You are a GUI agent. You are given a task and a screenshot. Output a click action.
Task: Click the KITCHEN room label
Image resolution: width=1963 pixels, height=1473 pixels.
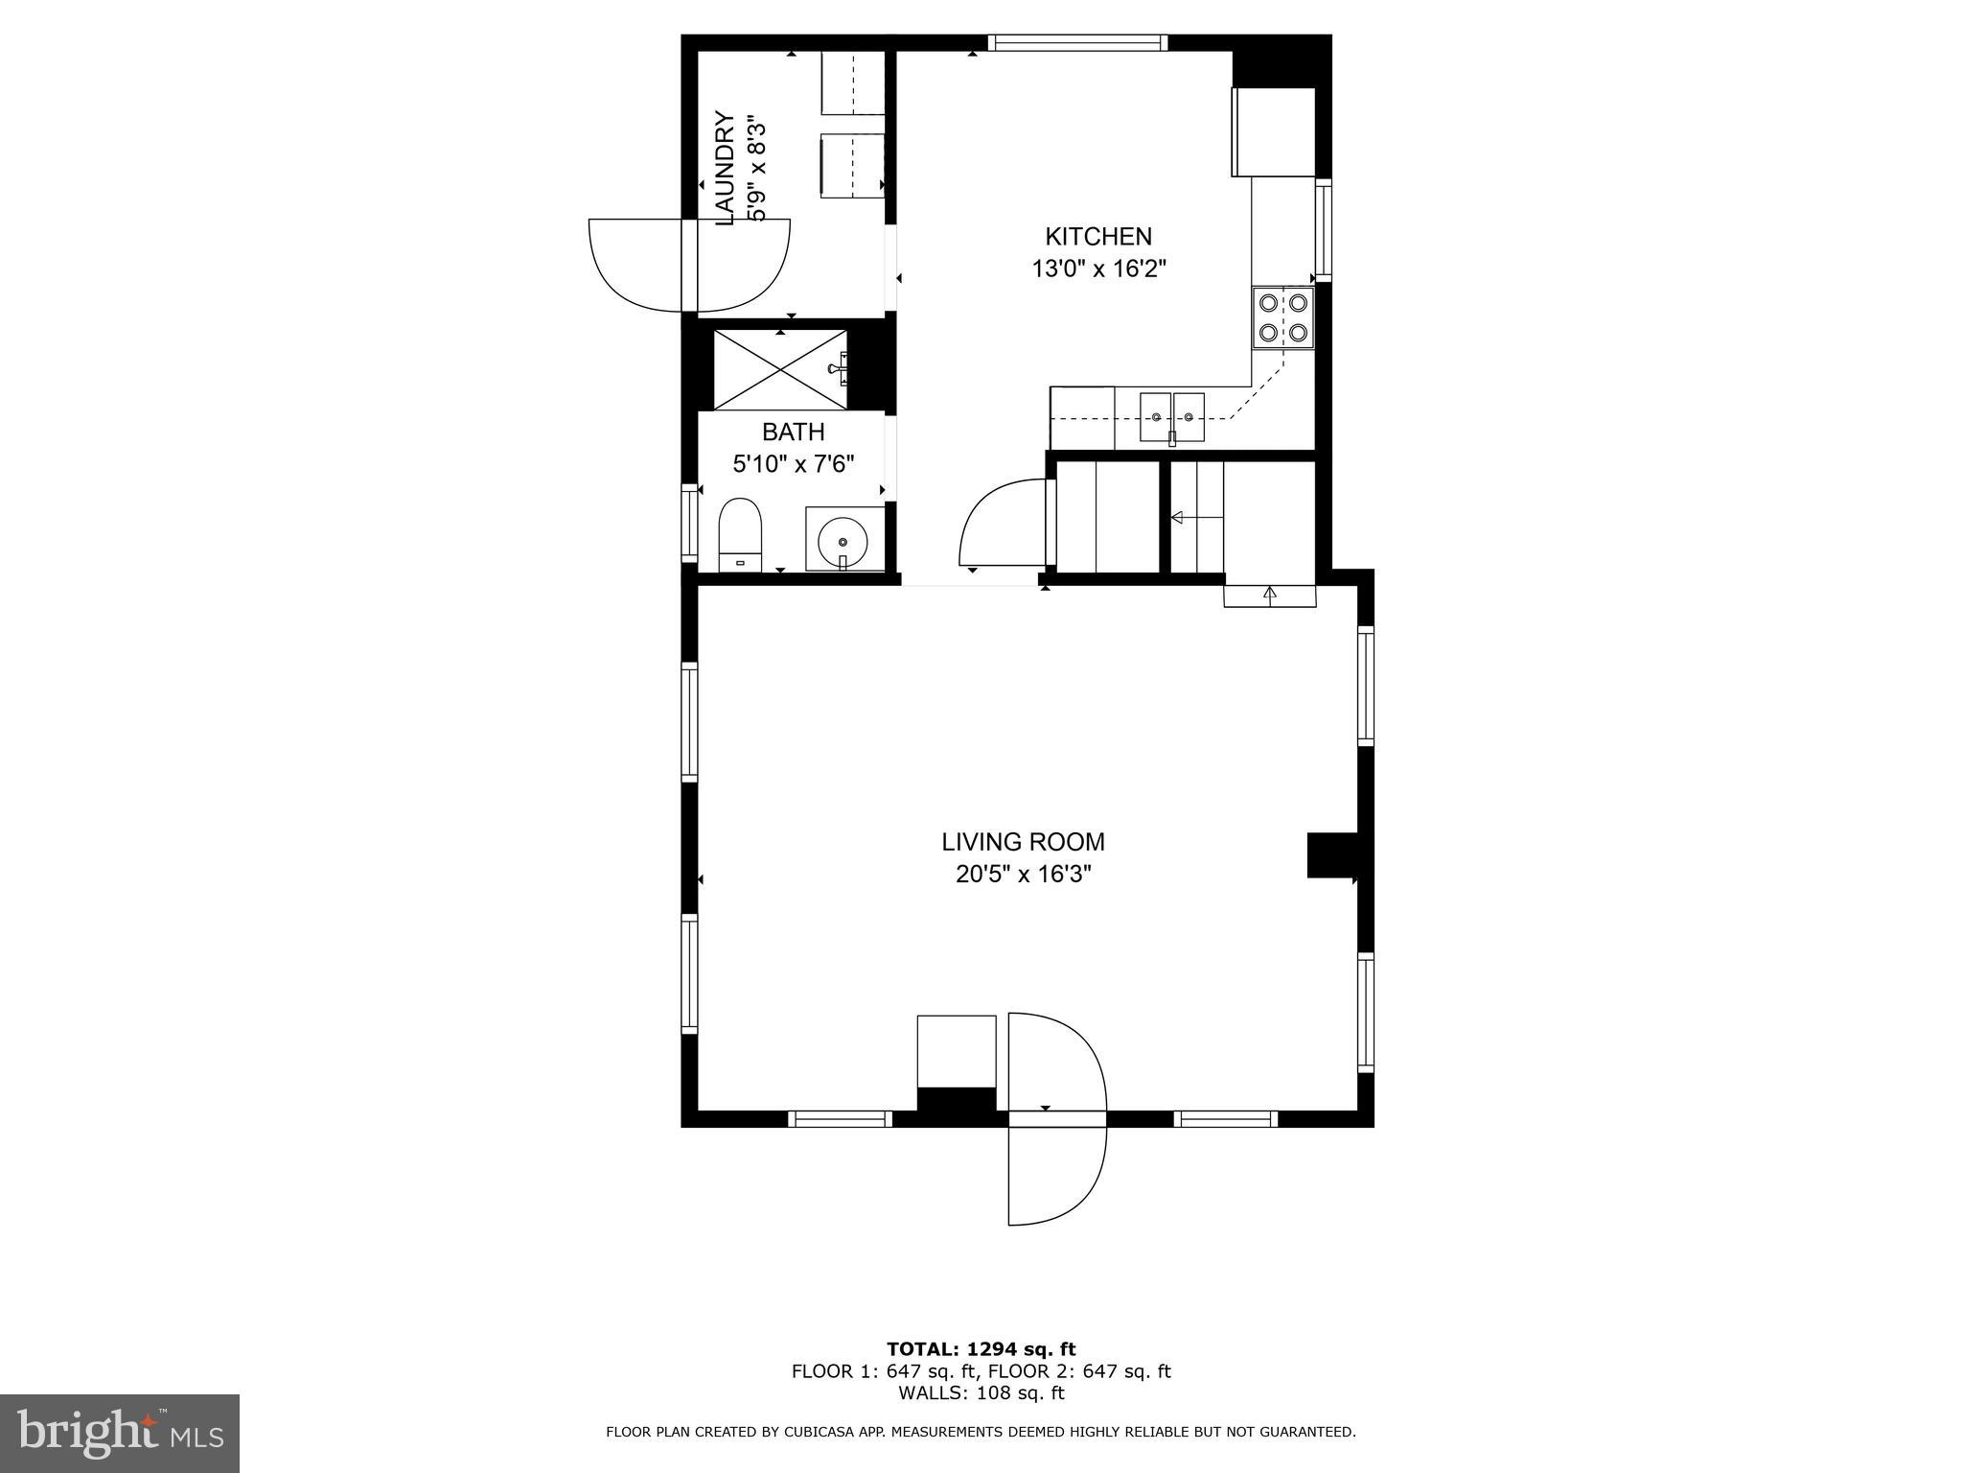coord(1097,236)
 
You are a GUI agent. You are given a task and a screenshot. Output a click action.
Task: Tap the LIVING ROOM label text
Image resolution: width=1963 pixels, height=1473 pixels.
coord(1023,842)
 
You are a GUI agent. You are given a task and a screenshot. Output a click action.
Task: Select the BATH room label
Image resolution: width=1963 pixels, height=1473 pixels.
coord(793,432)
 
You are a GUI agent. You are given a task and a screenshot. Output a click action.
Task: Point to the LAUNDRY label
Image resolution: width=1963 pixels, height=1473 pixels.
coord(726,170)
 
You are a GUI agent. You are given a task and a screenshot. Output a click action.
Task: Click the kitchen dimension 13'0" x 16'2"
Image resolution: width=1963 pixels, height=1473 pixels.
coord(1097,269)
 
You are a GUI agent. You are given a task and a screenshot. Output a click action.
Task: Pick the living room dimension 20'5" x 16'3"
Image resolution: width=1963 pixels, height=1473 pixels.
coord(1023,875)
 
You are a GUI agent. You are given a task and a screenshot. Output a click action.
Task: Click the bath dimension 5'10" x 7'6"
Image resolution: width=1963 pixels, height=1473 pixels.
coord(793,464)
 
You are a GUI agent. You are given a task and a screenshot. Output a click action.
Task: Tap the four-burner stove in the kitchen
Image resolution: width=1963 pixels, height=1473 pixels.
coord(1282,317)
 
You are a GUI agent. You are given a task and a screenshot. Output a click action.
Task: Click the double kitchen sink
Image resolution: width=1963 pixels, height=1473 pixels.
coord(1171,417)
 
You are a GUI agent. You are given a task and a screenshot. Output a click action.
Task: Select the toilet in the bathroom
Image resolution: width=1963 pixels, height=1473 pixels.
coord(739,534)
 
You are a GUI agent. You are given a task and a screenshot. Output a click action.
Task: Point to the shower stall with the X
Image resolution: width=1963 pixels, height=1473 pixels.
coord(780,369)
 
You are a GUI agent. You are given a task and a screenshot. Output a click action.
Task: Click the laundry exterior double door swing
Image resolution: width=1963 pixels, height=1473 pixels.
coord(689,265)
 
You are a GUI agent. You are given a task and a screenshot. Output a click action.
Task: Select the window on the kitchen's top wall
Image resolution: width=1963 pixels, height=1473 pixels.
coord(1077,42)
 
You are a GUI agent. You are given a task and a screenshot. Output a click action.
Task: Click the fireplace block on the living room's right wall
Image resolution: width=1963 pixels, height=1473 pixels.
coord(1331,855)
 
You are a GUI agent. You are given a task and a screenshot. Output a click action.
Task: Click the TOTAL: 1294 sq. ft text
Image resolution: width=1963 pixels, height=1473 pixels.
coord(981,1349)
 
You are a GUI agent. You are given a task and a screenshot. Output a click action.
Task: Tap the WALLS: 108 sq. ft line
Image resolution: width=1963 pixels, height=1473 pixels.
coord(981,1392)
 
